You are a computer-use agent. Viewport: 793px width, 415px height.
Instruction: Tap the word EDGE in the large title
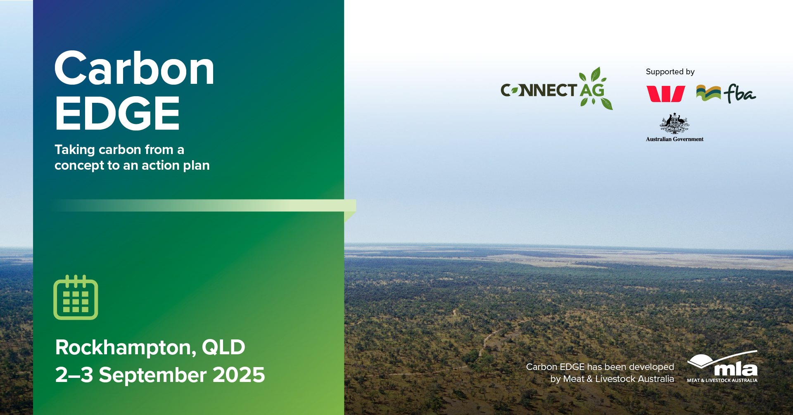pos(117,113)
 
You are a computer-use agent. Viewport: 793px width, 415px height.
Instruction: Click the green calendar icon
pos(76,297)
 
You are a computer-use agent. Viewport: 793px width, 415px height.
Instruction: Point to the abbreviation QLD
pos(223,347)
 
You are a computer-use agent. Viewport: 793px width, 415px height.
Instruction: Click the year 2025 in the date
pos(239,375)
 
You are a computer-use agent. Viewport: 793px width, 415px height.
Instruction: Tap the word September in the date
pos(153,376)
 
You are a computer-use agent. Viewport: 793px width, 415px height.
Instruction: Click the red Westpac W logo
pos(665,94)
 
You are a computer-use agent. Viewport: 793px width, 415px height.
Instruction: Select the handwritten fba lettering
pos(740,93)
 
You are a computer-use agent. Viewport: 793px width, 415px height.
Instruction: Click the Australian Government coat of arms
pos(674,123)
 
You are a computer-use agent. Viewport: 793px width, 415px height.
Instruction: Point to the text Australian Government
pos(674,139)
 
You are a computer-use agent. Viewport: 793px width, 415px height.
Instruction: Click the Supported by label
pos(670,72)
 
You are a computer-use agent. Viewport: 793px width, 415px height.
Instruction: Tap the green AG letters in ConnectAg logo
pos(592,90)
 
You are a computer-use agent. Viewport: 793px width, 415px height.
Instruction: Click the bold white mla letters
pos(736,369)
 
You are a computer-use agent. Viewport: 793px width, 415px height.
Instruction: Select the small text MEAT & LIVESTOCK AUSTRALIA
pos(722,380)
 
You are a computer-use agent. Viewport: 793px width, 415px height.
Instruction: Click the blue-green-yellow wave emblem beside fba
pos(708,93)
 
